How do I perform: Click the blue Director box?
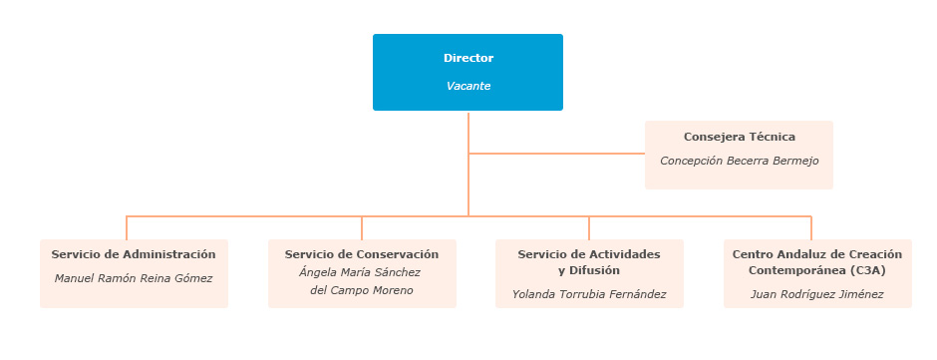(x=468, y=72)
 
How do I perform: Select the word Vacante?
(x=468, y=86)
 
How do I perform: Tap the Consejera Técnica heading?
(x=739, y=137)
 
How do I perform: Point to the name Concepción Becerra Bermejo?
(x=739, y=161)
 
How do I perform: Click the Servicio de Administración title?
(x=134, y=254)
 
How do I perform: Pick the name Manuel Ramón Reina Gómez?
(x=134, y=278)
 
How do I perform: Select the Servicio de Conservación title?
(x=362, y=254)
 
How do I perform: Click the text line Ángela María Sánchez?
(x=361, y=272)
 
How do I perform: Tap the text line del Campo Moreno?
(x=361, y=290)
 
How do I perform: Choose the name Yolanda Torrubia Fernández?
(x=589, y=294)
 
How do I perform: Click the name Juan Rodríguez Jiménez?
(x=816, y=294)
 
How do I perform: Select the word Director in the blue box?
(x=468, y=58)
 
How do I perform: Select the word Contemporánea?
(x=797, y=270)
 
